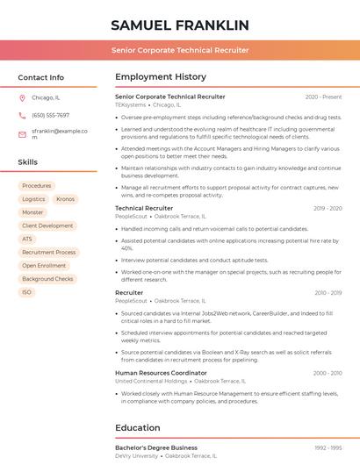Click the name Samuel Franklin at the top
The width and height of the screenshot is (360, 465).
tap(180, 25)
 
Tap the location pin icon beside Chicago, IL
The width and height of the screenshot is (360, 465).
tap(22, 97)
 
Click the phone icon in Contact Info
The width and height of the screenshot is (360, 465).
tap(22, 115)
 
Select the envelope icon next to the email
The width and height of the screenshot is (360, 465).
tap(22, 133)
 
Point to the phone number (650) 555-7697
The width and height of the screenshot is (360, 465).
tap(50, 115)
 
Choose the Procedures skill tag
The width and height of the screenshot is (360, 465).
tap(37, 186)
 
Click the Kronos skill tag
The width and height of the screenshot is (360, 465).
tap(65, 199)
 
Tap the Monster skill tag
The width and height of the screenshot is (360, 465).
tap(32, 212)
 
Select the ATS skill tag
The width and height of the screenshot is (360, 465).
tap(27, 239)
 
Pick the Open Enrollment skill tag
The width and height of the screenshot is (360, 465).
tap(44, 265)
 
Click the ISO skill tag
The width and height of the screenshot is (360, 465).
tap(27, 292)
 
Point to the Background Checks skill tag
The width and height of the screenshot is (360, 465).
tap(47, 279)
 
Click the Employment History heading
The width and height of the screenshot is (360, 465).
tap(161, 77)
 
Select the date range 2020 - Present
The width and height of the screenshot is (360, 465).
tap(323, 97)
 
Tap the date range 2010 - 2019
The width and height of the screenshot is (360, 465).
tap(328, 293)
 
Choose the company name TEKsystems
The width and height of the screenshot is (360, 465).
tap(131, 104)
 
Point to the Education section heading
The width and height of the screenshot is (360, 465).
tap(138, 428)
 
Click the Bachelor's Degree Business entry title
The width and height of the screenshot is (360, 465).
tap(156, 447)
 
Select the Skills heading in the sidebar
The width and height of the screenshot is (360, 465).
tap(28, 162)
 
